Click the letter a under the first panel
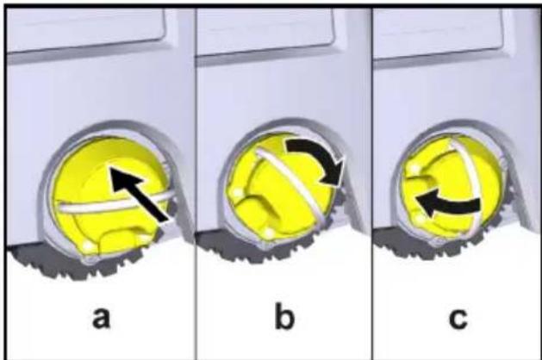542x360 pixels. point(102,318)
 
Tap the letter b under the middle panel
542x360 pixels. point(284,314)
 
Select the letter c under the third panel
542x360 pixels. point(458,318)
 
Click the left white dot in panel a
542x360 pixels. point(89,246)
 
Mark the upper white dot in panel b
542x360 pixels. point(237,193)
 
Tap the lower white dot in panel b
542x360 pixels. point(269,233)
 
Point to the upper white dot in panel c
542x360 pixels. point(414,169)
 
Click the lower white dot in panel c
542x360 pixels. point(420,219)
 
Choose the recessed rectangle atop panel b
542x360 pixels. point(265,31)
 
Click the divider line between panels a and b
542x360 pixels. point(196,183)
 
